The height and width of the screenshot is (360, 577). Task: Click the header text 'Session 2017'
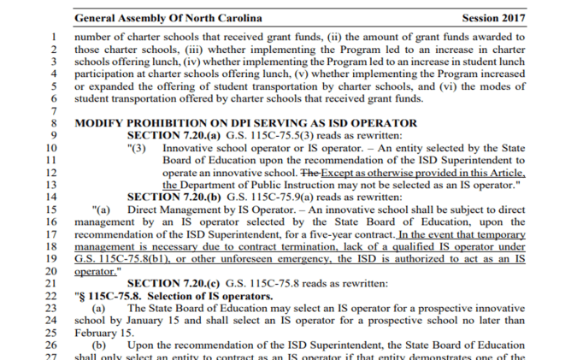pos(494,17)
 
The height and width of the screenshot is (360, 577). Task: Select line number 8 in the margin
pos(53,123)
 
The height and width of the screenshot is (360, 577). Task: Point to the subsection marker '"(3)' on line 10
pos(138,148)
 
